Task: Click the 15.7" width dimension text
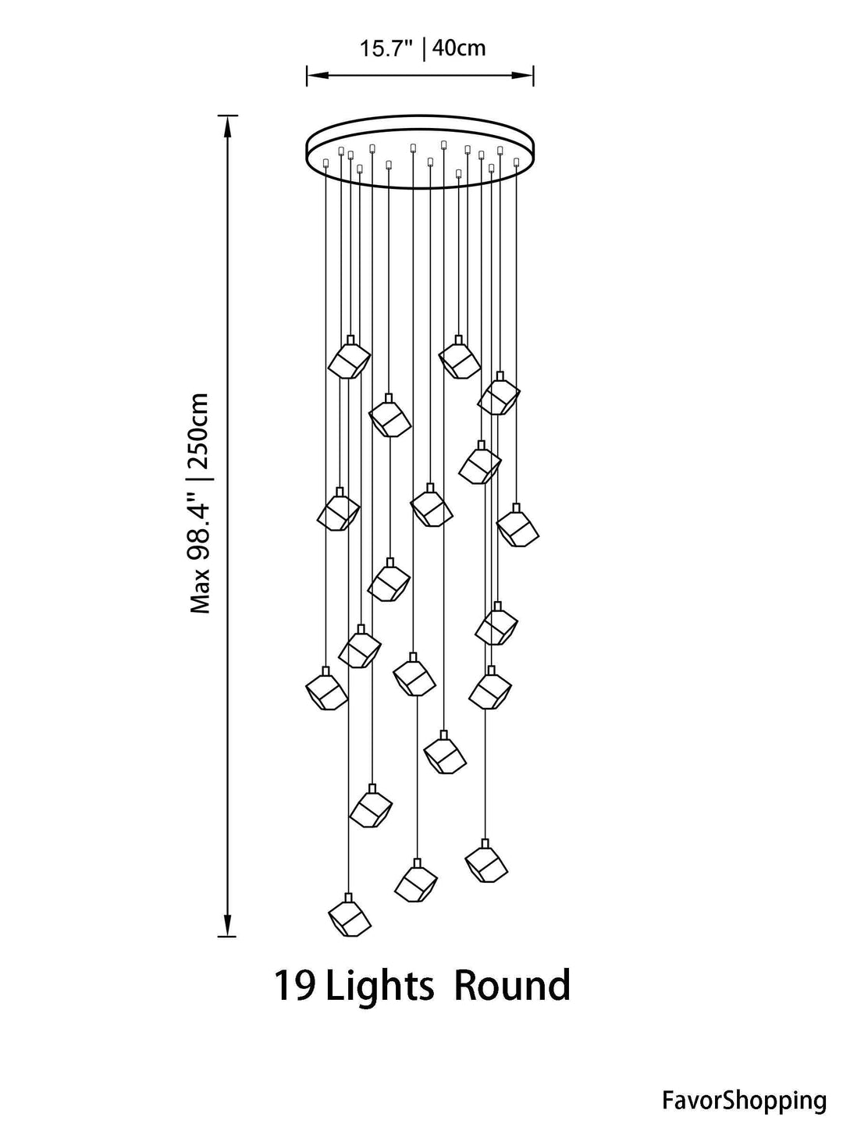coord(386,48)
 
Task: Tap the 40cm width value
coord(459,48)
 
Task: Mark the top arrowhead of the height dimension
coord(227,126)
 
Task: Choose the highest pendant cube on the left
coord(350,357)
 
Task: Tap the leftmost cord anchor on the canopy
coord(325,163)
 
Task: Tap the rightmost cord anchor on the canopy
coord(517,162)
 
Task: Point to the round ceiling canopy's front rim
coord(420,188)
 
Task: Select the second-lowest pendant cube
coord(416,880)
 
